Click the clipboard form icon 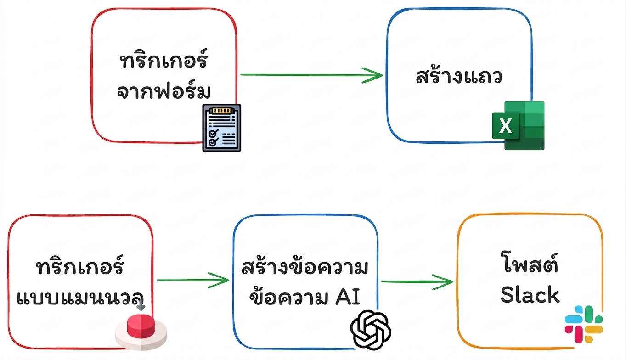(x=222, y=128)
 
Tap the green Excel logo (x=518, y=125)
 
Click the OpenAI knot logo (x=371, y=330)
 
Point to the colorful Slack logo (x=584, y=324)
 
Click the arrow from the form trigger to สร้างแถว (x=311, y=75)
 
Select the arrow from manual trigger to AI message (x=193, y=280)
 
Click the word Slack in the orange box (x=530, y=295)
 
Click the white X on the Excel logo (x=505, y=126)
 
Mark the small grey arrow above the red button (x=141, y=306)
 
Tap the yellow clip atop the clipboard (x=222, y=110)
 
